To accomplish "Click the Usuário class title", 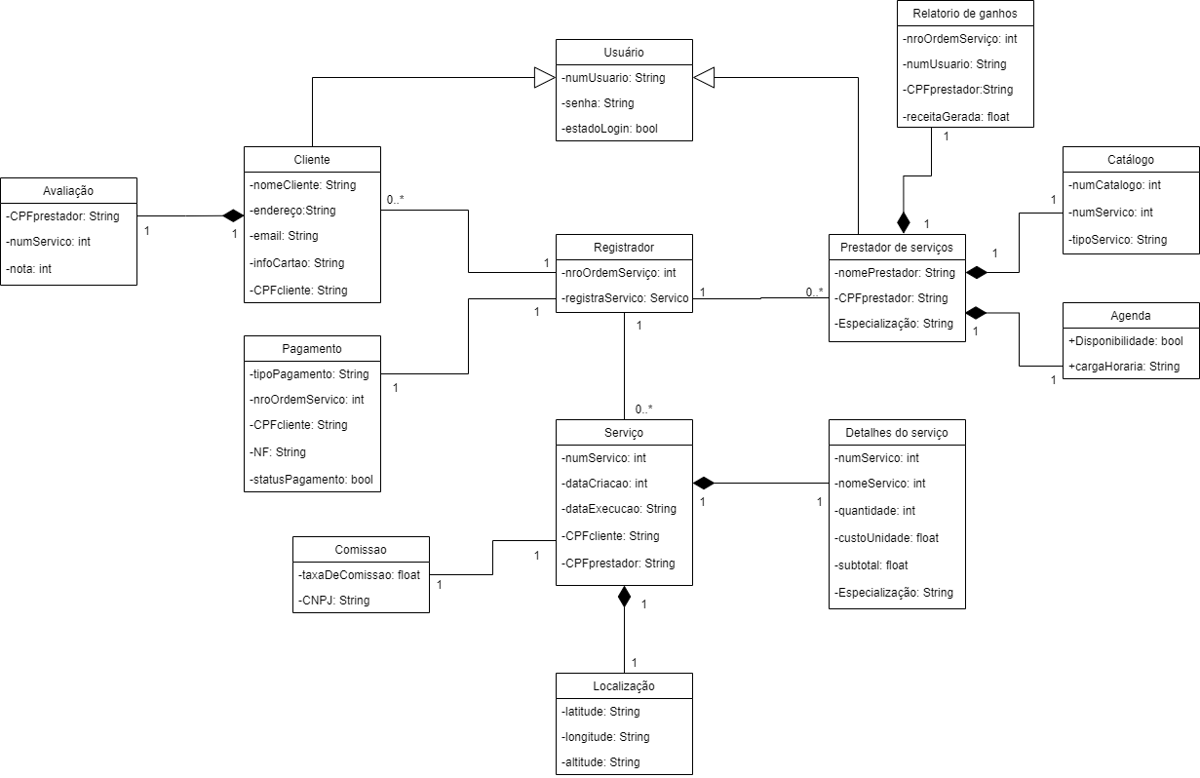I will [624, 52].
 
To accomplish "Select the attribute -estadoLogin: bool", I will [610, 129].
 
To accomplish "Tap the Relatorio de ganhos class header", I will [965, 13].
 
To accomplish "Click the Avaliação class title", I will [68, 190].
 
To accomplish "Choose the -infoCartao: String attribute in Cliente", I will [297, 262].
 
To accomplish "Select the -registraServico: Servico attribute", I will [624, 298].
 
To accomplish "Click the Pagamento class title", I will [312, 348].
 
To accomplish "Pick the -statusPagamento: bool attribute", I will [312, 479].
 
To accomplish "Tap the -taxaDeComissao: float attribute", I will [360, 575].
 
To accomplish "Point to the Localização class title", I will [624, 685].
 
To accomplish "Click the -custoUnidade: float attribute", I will [887, 538].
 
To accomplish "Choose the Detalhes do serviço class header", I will [897, 432].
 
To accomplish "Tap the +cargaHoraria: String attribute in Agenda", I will [1124, 367].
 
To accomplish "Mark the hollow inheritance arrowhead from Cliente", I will [544, 77].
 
